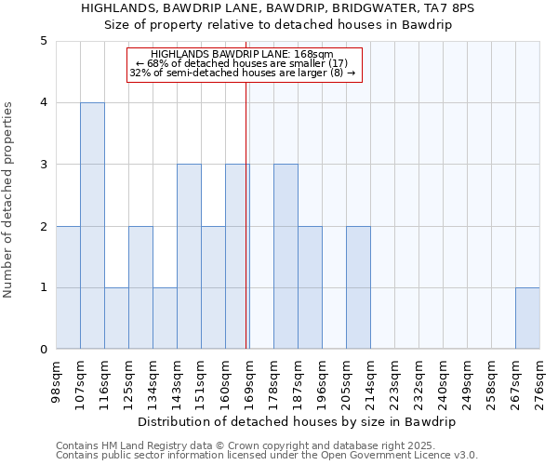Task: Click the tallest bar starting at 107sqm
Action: pos(92,226)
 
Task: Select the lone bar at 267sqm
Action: pos(527,318)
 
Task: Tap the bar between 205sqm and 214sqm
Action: pos(358,287)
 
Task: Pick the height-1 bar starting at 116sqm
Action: pos(116,318)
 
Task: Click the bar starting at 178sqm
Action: pos(286,257)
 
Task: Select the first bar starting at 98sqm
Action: pos(68,287)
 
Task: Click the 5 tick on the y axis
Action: pos(44,41)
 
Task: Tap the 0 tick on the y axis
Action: pos(44,350)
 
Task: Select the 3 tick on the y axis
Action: pos(44,165)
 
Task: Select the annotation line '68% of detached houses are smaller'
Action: pos(242,63)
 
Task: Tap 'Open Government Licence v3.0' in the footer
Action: pos(395,455)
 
